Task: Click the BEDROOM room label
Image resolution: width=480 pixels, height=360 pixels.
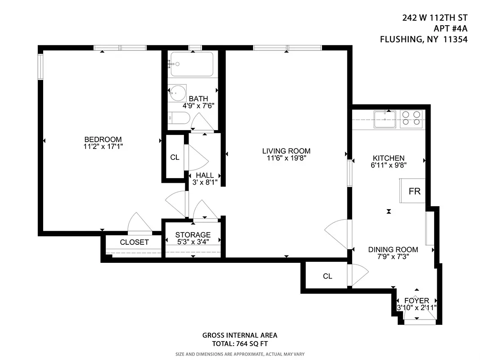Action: click(x=103, y=139)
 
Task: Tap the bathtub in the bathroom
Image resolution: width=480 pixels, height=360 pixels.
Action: click(x=193, y=64)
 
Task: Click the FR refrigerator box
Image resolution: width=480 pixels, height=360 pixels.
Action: click(x=414, y=191)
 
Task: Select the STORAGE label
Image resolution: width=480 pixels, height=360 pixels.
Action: click(x=193, y=235)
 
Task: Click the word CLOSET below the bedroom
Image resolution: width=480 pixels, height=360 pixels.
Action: click(x=134, y=242)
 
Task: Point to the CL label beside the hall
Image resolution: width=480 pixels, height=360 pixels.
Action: click(x=175, y=157)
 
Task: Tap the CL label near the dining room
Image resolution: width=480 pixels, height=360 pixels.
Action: click(x=327, y=276)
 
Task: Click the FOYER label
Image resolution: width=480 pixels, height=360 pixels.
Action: click(x=417, y=301)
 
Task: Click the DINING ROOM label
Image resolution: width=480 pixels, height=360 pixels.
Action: click(x=393, y=250)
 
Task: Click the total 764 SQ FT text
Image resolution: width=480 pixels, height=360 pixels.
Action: click(x=240, y=344)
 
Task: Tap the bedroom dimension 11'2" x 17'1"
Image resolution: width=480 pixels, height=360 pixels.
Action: click(x=103, y=147)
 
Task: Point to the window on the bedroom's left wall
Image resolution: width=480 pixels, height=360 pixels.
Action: click(x=40, y=66)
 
